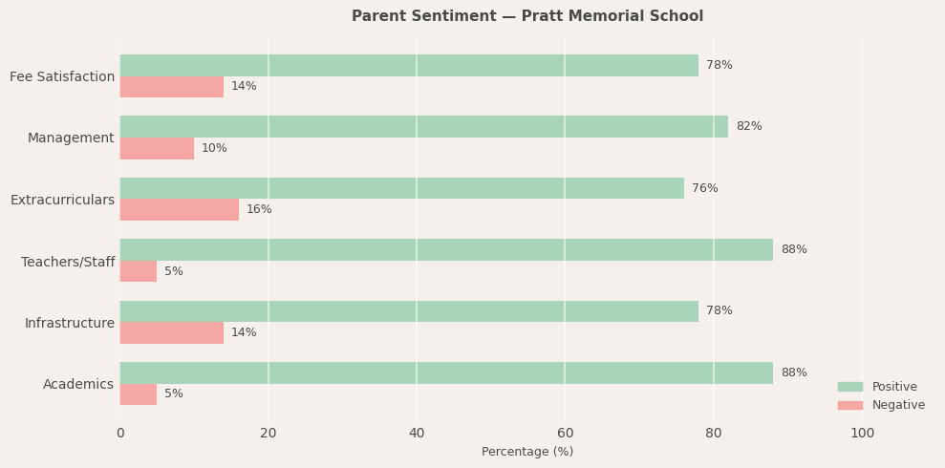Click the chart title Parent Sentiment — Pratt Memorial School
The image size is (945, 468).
(526, 16)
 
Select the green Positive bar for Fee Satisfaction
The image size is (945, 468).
(409, 66)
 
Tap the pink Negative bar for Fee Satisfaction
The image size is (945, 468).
(172, 87)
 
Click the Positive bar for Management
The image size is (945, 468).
(423, 127)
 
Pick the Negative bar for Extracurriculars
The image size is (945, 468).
(179, 210)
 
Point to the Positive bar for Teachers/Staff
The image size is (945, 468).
(446, 250)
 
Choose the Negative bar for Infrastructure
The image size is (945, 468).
(172, 333)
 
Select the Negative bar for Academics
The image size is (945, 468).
(139, 394)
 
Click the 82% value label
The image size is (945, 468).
(748, 127)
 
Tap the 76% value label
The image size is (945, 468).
(704, 189)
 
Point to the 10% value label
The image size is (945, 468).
(214, 149)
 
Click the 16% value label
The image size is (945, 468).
(259, 210)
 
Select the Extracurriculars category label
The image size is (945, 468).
(62, 201)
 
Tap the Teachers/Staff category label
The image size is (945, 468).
(68, 262)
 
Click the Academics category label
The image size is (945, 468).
(78, 385)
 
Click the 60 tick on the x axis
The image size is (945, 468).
(565, 434)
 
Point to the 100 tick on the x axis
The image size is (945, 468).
(862, 434)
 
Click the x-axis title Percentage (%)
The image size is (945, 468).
(526, 452)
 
